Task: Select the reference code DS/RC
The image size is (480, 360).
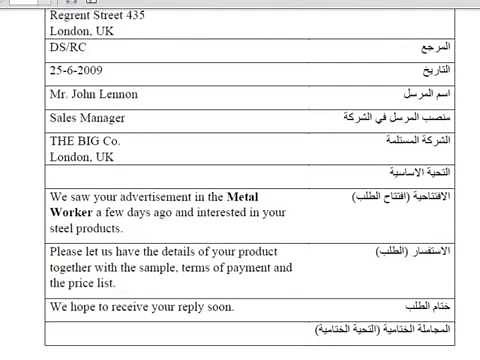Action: tap(67, 47)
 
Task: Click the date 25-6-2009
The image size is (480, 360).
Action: tap(76, 71)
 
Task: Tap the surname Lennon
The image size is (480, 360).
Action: tap(117, 95)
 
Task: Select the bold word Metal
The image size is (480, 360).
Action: tap(243, 197)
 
